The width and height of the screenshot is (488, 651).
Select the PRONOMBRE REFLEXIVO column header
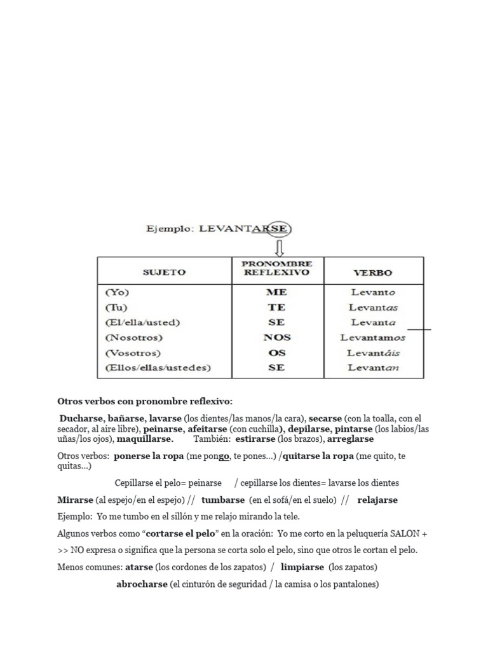276,268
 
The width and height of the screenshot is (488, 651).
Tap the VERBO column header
372,273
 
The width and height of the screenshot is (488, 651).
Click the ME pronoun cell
276,292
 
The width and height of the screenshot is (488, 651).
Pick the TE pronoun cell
276,308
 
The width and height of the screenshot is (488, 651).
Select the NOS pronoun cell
276,338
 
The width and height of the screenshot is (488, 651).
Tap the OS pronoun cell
276,353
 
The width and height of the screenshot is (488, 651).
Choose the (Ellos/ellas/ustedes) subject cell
158,367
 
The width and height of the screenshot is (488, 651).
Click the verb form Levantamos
372,338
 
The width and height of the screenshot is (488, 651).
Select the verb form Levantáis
373,353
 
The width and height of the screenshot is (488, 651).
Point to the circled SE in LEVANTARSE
278,229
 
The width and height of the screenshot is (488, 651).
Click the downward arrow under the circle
278,248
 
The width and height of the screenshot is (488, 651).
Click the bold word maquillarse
145,439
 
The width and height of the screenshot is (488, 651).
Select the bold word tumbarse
222,500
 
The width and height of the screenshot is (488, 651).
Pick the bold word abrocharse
142,584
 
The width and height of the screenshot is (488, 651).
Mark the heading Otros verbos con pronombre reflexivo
145,402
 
